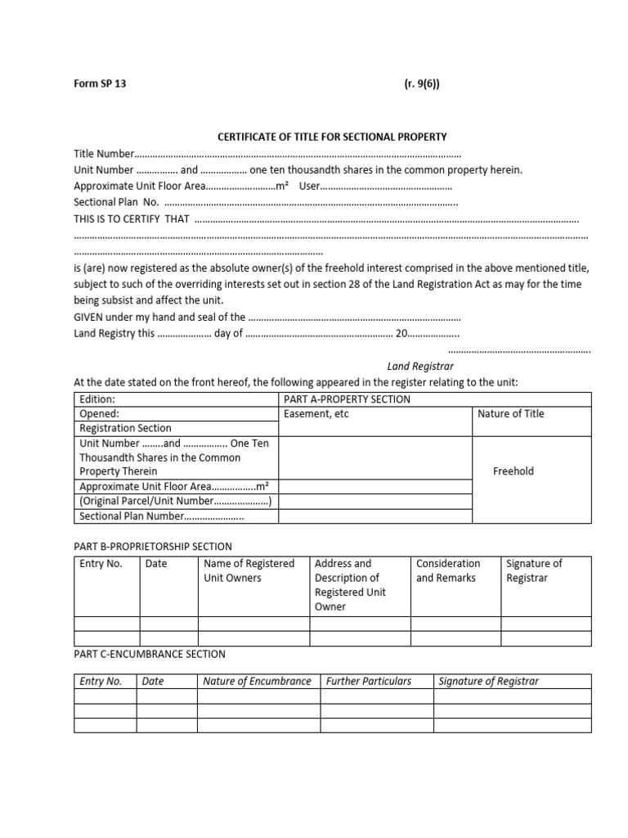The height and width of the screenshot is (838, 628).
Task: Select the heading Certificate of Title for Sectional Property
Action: click(x=331, y=137)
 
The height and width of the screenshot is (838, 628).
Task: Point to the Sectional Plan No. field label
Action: click(x=115, y=202)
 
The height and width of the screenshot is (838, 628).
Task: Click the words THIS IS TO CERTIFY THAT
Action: click(x=132, y=219)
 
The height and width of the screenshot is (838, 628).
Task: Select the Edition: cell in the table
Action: click(x=97, y=399)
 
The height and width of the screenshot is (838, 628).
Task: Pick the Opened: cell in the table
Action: click(x=100, y=414)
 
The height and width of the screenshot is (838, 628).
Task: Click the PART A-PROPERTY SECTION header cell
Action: click(x=347, y=399)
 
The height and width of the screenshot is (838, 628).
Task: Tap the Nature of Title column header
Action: click(x=511, y=414)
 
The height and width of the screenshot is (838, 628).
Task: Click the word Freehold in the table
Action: click(x=513, y=471)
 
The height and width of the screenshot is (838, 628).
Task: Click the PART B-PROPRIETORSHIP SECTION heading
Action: click(x=153, y=547)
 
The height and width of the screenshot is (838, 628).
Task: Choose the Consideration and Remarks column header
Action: click(x=448, y=570)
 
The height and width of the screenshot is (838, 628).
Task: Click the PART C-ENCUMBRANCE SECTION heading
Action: click(x=150, y=654)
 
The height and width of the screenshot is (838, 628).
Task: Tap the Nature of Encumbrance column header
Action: click(x=257, y=681)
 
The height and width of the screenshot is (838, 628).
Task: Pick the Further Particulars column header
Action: click(x=369, y=681)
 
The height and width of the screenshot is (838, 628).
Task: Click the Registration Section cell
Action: click(x=125, y=428)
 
